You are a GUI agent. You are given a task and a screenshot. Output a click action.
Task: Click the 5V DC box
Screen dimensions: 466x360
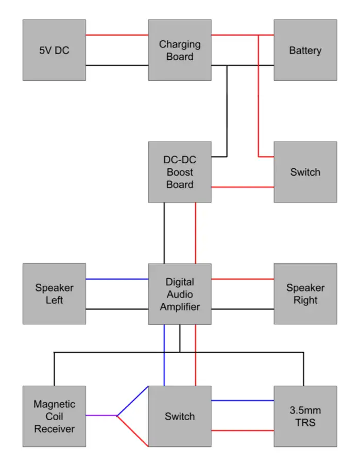pos(54,50)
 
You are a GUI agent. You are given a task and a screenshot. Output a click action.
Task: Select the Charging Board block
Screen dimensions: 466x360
pos(180,50)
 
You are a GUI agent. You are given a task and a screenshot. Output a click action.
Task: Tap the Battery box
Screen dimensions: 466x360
pos(305,50)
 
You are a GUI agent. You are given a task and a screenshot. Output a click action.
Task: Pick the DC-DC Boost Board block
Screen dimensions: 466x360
pos(180,172)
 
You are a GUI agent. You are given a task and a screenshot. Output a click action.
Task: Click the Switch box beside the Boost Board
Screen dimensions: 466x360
pos(305,172)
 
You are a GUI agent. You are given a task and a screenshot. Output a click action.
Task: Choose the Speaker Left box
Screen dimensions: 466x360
pos(54,294)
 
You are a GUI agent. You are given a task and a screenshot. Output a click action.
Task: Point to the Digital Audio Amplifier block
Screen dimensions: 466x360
pos(180,294)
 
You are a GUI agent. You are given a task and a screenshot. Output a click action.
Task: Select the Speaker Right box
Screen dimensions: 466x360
pos(305,294)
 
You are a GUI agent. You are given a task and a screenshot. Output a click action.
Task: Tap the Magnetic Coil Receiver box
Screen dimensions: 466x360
pos(54,416)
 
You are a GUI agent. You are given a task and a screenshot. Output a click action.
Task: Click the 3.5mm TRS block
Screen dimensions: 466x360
pos(305,416)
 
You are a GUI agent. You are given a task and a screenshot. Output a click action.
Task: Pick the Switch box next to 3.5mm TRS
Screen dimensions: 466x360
pos(180,416)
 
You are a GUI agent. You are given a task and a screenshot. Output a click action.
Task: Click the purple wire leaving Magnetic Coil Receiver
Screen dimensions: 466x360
pos(101,416)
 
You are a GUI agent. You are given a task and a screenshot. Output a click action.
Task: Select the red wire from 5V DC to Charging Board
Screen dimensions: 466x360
pos(117,35)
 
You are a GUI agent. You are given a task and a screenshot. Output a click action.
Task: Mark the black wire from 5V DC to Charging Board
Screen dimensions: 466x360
pos(117,65)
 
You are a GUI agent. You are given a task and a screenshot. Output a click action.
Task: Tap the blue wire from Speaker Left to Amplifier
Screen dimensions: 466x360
pos(117,279)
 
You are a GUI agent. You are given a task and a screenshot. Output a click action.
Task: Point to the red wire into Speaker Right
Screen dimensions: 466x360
pos(242,279)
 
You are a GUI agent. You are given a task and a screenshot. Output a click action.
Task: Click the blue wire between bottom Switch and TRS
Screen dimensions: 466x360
pos(242,401)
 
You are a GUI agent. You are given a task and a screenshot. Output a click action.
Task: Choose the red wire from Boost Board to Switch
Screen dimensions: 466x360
pos(242,187)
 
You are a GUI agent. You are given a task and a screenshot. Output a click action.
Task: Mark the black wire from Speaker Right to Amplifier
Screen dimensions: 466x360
pos(242,309)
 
